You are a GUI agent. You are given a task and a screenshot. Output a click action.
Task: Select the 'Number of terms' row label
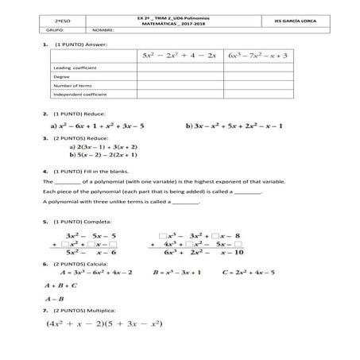[x=71, y=86]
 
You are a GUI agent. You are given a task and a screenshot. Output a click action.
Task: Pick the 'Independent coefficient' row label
[x=78, y=95]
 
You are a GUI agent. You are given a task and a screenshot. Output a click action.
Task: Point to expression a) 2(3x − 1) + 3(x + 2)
[x=104, y=147]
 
